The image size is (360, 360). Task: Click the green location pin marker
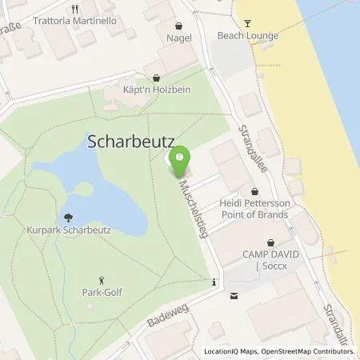coord(182,160)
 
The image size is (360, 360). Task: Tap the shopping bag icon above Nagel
coord(178,24)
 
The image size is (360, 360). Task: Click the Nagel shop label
coord(178,37)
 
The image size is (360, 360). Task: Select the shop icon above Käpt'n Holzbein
coord(157,78)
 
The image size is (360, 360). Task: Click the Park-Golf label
coord(101,292)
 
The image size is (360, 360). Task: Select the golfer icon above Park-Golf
coord(101,279)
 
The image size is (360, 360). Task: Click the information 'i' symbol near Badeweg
coord(214,282)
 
